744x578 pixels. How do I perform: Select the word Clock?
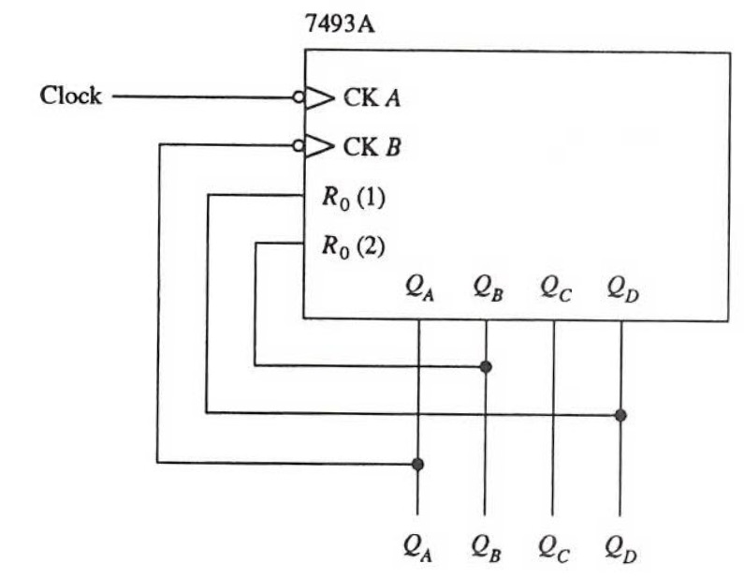pyautogui.click(x=70, y=96)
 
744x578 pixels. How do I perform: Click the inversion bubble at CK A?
pyautogui.click(x=298, y=96)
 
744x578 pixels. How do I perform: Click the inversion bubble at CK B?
pyautogui.click(x=298, y=146)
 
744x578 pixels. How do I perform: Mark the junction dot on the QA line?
pyautogui.click(x=417, y=464)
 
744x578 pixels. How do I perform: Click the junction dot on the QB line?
pyautogui.click(x=486, y=366)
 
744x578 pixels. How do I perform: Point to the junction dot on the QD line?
pyautogui.click(x=620, y=414)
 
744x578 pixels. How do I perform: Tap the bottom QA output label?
pyautogui.click(x=418, y=546)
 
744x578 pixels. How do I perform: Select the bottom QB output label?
pyautogui.click(x=486, y=546)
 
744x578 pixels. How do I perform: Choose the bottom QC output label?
pyautogui.click(x=554, y=546)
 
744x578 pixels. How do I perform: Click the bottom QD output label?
pyautogui.click(x=621, y=546)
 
